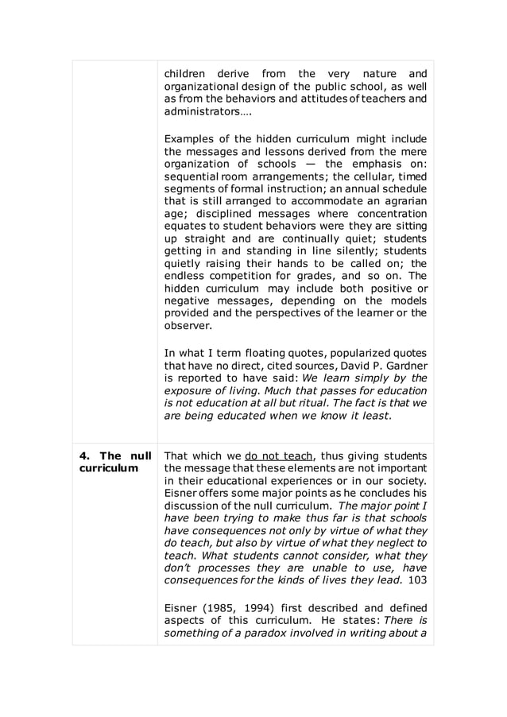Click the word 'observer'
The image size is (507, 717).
187,326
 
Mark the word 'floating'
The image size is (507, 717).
270,353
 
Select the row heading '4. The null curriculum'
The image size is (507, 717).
114,462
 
